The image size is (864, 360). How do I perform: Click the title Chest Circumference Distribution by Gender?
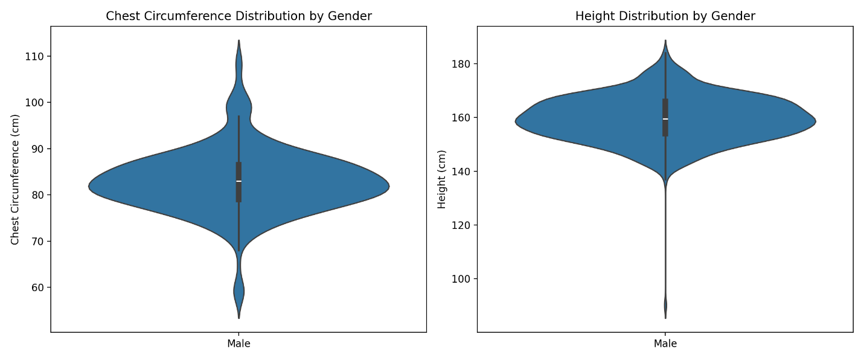238,16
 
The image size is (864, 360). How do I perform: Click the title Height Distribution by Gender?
665,16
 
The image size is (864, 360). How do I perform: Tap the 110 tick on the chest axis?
38,56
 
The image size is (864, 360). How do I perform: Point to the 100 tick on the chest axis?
38,103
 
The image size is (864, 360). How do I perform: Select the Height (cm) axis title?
442,179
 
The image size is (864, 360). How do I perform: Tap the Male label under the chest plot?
238,344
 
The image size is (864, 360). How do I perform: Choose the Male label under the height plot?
665,344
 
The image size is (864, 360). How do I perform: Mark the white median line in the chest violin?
238,181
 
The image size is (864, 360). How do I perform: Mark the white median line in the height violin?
665,118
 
